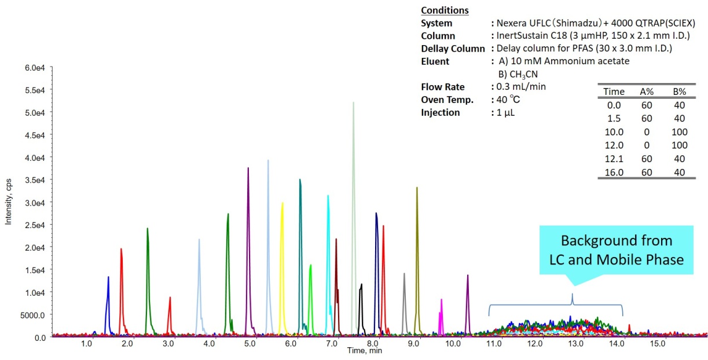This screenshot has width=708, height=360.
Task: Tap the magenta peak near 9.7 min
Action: tap(441, 313)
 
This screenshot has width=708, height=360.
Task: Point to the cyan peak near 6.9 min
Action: tap(328, 243)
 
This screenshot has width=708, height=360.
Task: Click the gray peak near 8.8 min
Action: tap(404, 301)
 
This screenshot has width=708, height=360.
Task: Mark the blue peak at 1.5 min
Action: tap(108, 301)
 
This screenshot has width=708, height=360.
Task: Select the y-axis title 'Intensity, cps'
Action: tap(9, 203)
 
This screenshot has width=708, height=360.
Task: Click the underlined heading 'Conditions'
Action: tap(445, 10)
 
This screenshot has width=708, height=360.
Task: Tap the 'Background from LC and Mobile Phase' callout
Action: tap(616, 249)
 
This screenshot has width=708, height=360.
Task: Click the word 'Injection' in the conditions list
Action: tap(441, 112)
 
